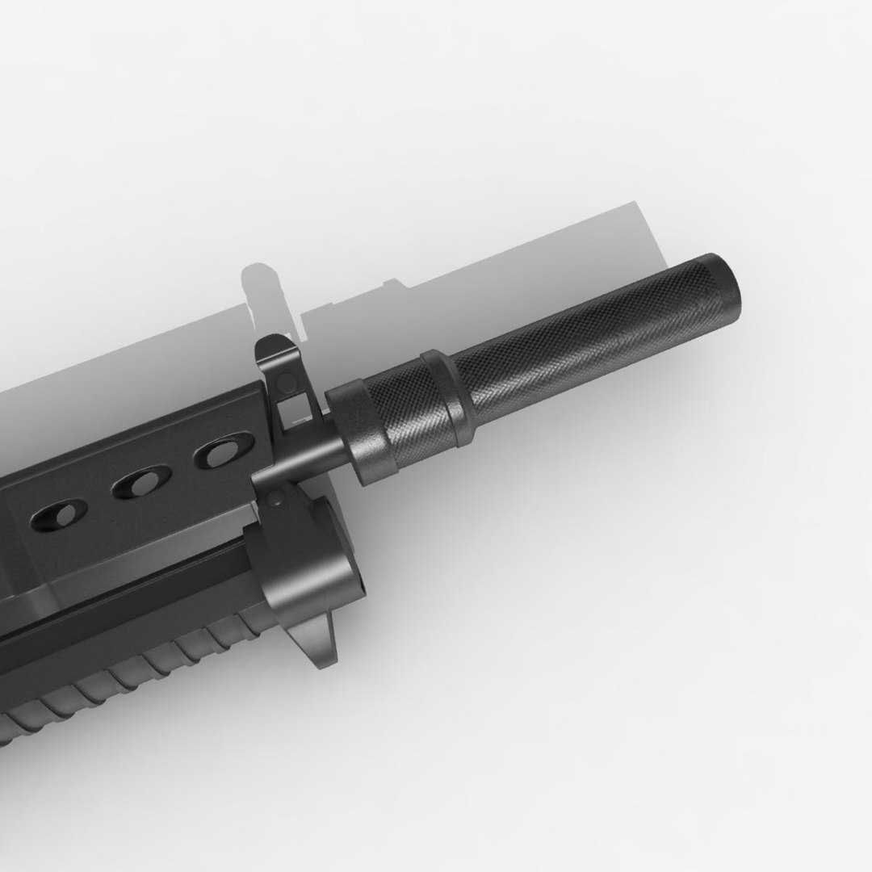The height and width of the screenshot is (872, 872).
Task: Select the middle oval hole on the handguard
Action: [x=142, y=484]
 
